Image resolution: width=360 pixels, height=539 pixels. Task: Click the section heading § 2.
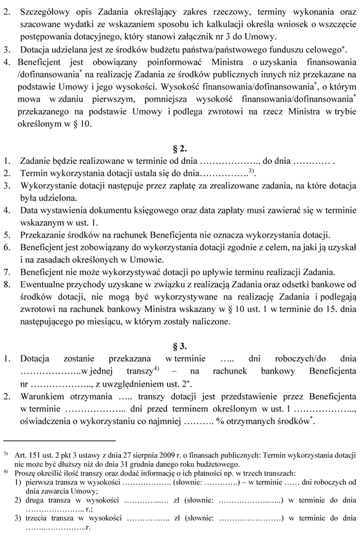pos(179,150)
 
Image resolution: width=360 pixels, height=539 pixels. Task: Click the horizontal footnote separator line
pos(60,440)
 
